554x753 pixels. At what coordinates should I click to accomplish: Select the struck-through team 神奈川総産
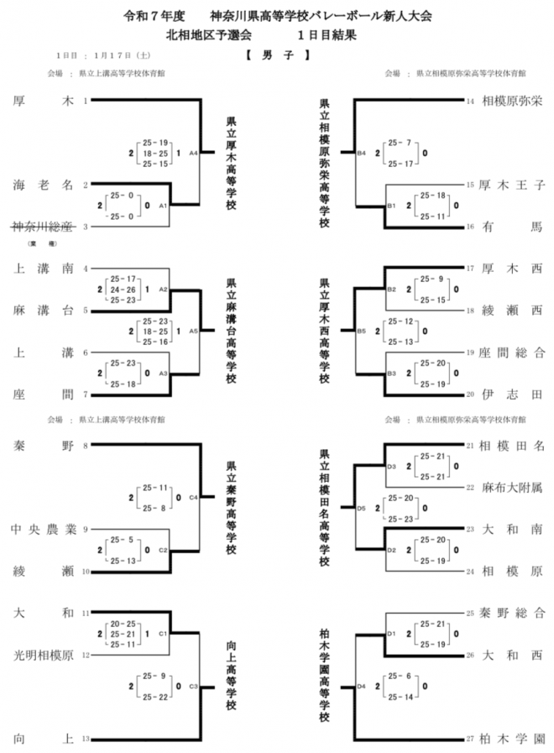(x=44, y=227)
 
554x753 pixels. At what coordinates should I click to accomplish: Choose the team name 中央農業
(x=44, y=530)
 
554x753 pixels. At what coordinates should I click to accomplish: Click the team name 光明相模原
(x=44, y=654)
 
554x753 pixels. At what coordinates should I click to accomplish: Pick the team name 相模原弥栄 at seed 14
(x=511, y=102)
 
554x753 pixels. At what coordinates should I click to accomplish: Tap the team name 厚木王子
(x=511, y=185)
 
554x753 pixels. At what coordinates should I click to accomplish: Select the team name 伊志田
(x=511, y=393)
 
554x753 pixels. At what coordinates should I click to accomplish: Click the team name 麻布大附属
(x=511, y=487)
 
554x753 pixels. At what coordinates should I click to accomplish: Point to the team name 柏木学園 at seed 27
(x=511, y=739)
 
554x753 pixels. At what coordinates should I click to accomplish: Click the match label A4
(x=193, y=153)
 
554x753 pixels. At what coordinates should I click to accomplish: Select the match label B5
(x=362, y=331)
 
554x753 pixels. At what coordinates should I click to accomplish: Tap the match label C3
(x=193, y=686)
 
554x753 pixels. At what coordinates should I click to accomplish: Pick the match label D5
(x=362, y=507)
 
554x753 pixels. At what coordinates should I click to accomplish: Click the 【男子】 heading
(x=277, y=56)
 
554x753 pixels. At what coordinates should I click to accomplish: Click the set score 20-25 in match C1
(x=123, y=624)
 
